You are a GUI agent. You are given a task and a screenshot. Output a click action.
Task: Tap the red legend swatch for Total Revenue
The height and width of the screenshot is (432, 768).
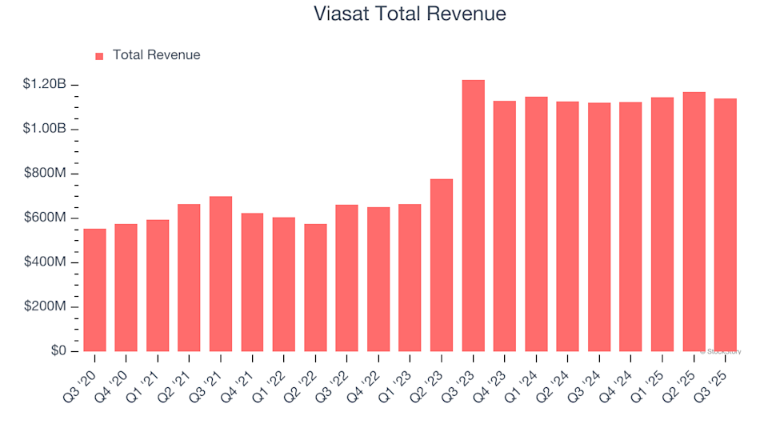100,56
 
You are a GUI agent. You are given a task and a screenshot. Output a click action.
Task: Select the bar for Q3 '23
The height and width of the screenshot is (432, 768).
473,216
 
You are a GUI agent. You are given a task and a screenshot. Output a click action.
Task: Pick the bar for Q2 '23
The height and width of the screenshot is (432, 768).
442,265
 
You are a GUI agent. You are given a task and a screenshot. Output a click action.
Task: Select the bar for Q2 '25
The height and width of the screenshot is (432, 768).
694,222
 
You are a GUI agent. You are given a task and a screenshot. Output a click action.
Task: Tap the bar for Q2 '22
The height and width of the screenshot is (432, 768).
315,287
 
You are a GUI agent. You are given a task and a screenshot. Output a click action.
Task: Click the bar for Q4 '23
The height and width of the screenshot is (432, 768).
505,226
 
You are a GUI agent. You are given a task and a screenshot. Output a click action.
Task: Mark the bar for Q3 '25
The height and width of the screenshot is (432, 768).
726,225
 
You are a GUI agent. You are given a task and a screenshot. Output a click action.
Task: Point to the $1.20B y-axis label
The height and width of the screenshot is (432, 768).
45,85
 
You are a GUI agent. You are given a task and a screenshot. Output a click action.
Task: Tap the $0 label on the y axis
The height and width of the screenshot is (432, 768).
58,351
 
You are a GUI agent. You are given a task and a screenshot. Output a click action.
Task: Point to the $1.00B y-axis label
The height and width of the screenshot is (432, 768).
45,129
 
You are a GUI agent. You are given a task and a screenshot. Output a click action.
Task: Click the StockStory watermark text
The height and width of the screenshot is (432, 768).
721,351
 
